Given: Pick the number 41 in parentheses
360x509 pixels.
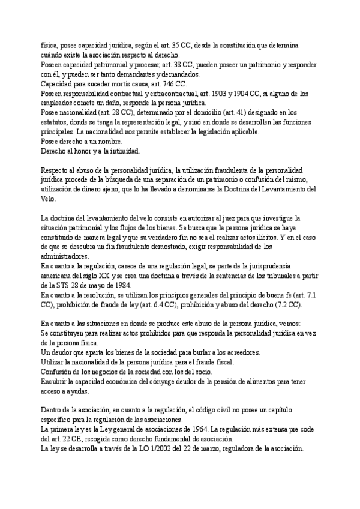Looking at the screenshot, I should pyautogui.click(x=239, y=112).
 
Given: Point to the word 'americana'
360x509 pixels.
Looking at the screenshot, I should pyautogui.click(x=59, y=276).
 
